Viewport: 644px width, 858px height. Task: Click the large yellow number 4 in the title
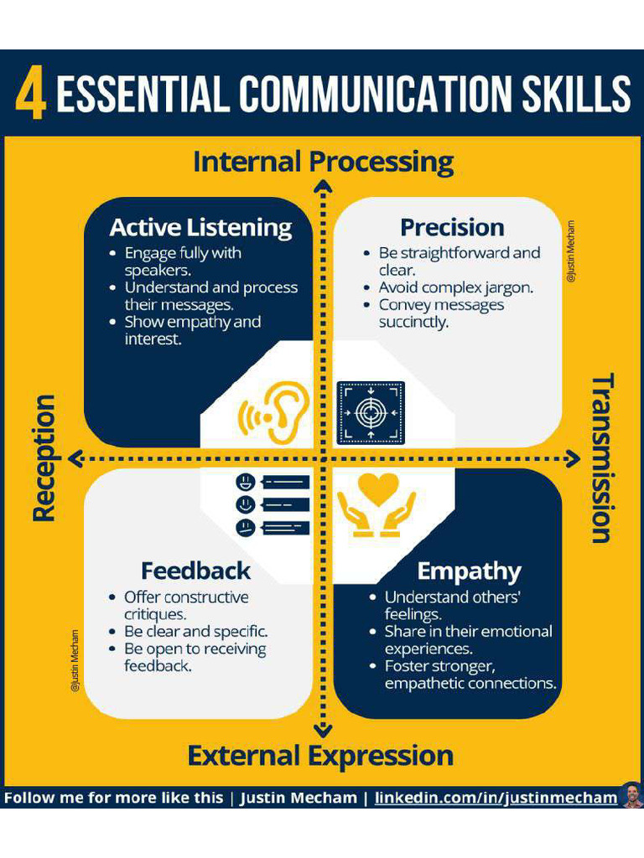coord(30,94)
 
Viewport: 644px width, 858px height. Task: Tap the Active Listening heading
coord(200,227)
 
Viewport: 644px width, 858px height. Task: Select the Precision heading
coord(452,227)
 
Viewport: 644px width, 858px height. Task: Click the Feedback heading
coord(195,571)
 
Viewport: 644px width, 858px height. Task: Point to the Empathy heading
coord(469,571)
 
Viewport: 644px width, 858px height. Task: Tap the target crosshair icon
coord(371,412)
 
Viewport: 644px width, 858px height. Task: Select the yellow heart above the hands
coord(377,488)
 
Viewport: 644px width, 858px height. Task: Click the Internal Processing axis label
coord(323,161)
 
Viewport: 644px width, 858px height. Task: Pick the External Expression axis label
coord(320,756)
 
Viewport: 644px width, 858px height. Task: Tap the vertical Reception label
coord(44,458)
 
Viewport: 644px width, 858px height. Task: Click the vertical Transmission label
coord(601,458)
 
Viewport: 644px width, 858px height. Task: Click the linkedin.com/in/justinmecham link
coord(496,798)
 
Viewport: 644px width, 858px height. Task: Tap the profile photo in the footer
coord(631,795)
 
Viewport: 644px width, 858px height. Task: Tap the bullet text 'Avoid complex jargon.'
coord(455,287)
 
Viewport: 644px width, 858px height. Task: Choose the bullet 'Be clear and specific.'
coord(195,632)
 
